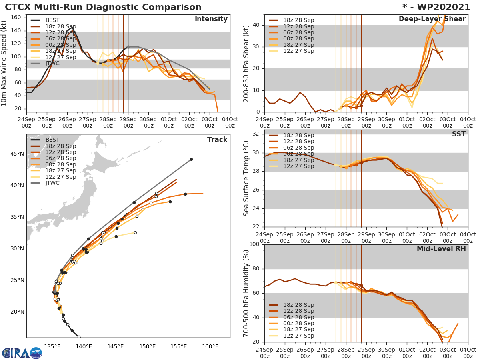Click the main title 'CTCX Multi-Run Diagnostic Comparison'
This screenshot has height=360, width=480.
coord(103,7)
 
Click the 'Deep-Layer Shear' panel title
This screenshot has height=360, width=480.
coord(432,19)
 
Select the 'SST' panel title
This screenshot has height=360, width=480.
coord(459,134)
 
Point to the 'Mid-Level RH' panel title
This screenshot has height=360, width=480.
coord(441,249)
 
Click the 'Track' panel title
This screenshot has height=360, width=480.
coord(217,140)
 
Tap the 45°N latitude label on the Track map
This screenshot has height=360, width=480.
coord(17,154)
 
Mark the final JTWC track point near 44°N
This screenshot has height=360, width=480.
coord(191,159)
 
